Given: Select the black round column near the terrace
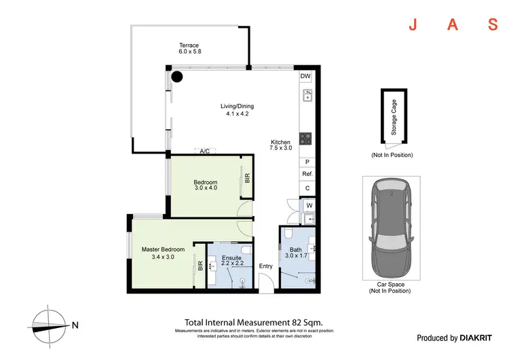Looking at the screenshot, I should click(x=177, y=76).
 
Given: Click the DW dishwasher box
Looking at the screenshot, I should click(x=306, y=76).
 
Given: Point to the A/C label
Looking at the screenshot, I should click(x=204, y=151).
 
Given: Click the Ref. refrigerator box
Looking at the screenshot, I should click(x=307, y=175).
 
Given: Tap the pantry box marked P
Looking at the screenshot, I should click(x=307, y=162).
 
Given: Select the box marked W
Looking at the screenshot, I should click(x=309, y=204).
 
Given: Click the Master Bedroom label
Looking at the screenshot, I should click(x=163, y=253).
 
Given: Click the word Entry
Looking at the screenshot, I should click(x=265, y=266).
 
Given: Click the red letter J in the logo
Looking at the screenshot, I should click(x=412, y=26).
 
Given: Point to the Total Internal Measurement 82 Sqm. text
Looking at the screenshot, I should click(x=253, y=322).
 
